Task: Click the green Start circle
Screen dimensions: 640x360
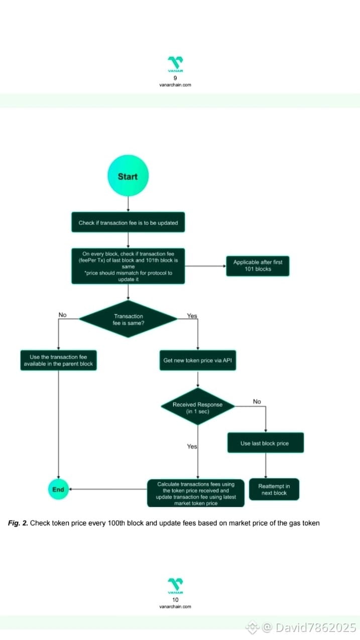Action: point(128,176)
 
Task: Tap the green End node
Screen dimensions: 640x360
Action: point(58,489)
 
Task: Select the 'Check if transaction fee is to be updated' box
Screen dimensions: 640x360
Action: point(128,222)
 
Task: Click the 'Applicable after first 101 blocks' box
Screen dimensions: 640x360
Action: point(258,266)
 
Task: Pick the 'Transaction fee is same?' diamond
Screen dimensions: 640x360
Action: point(128,319)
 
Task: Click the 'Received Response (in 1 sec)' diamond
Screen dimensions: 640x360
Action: point(197,407)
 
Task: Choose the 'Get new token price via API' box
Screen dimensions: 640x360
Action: point(198,360)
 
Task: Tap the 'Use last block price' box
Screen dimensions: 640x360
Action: point(265,443)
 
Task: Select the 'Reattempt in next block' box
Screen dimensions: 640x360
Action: point(274,489)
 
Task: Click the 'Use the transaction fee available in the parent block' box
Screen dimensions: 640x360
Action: point(58,360)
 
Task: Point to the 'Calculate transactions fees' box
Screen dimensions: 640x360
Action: point(196,493)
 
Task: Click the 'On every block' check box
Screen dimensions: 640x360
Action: point(128,266)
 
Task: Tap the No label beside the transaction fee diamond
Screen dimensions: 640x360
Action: point(62,315)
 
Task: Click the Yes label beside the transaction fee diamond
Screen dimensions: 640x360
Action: point(192,316)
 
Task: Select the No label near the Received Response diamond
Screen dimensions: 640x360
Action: point(257,402)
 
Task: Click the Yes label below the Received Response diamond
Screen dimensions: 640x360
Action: point(192,446)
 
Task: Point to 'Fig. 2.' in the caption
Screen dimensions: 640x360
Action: point(18,523)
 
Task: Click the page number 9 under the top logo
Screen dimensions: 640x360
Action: point(175,78)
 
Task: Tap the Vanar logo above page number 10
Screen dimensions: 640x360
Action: point(175,585)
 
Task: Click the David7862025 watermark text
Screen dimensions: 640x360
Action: point(309,627)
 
